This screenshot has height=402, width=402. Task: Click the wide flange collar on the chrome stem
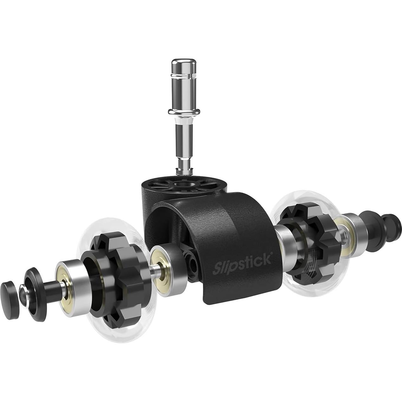pos(184,112)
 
